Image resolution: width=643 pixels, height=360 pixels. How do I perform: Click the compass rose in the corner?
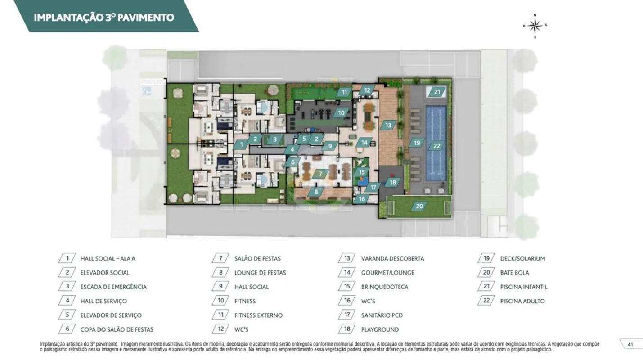coord(535,26)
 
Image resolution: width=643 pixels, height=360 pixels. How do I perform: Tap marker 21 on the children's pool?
coord(437,92)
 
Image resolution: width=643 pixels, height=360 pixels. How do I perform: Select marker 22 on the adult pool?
coord(436,146)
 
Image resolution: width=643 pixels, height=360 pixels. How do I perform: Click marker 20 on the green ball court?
coord(419,206)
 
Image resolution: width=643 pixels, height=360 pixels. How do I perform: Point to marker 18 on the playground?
coord(393,182)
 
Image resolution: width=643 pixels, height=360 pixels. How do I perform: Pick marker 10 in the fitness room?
coord(341,113)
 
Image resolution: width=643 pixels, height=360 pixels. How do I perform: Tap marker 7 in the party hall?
coord(320,174)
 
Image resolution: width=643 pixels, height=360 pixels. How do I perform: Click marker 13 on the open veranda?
coord(388,125)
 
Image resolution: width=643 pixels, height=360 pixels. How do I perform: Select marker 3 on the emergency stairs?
coord(275,139)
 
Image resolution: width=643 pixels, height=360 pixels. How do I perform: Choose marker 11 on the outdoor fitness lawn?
coord(344,92)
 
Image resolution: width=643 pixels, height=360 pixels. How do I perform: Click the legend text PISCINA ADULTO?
coord(522,301)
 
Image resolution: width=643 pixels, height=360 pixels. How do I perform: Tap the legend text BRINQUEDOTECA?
coord(384,287)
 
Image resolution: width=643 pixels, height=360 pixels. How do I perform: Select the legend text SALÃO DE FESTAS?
coord(257,258)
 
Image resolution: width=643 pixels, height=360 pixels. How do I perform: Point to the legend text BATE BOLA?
coord(514,273)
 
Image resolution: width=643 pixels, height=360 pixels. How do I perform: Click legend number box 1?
coord(67,258)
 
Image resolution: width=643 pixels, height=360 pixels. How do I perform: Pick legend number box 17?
coord(347,315)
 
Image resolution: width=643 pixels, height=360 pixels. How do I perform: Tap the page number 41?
coord(630,345)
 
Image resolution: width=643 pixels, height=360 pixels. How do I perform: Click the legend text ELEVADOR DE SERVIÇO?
coord(111,315)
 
